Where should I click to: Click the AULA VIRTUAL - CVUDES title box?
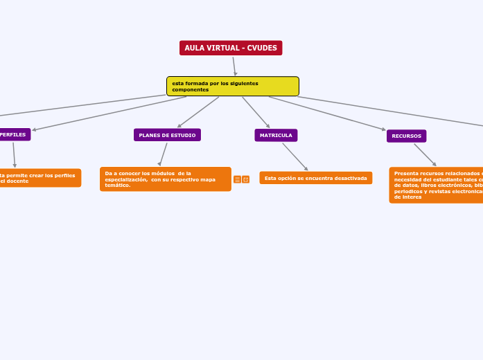pos(231,48)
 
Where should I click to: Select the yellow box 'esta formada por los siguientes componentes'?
pos(233,87)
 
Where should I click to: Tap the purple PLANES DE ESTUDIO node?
pos(167,135)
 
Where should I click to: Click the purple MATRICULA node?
pos(276,135)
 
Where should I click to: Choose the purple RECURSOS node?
pos(406,136)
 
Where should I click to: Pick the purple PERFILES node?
pos(15,134)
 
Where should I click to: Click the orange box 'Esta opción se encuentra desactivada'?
pos(316,178)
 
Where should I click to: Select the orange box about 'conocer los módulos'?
pos(165,179)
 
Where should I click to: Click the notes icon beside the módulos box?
pos(237,179)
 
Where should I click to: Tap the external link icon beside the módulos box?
pos(246,179)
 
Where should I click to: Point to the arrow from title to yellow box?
pos(234,66)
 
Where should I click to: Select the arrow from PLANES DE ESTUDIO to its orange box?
pos(163,154)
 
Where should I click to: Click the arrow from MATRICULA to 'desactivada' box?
pos(295,156)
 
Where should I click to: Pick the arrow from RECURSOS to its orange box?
pos(425,154)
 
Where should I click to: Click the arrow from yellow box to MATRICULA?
pos(256,112)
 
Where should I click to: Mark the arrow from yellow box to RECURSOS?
pos(326,113)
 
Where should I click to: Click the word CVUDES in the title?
pos(262,48)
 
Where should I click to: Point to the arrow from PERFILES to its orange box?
pos(14,154)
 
